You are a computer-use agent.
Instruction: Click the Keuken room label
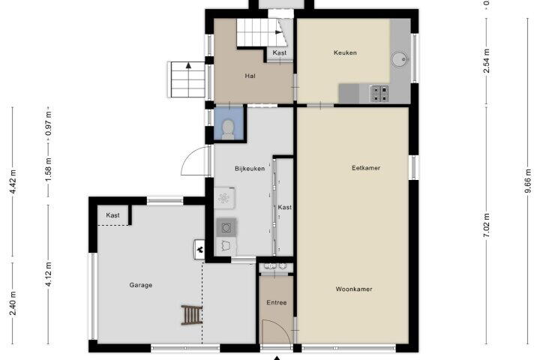(x=345, y=52)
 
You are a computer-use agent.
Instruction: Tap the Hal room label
(x=250, y=76)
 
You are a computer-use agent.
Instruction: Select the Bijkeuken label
(x=250, y=169)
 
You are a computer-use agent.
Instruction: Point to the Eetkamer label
(x=366, y=168)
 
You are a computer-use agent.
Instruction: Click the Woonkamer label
(x=354, y=289)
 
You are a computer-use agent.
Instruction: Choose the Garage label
(x=141, y=285)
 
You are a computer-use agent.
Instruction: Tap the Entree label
(x=277, y=302)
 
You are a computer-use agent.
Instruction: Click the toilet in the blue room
(x=228, y=129)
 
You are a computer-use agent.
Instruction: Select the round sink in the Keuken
(x=400, y=59)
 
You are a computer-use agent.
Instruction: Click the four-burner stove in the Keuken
(x=379, y=94)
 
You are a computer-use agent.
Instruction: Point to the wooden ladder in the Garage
(x=192, y=315)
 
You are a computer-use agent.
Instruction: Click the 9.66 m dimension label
(x=527, y=181)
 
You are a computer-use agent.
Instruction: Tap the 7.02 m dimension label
(x=486, y=225)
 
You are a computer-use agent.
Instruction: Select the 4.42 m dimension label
(x=13, y=181)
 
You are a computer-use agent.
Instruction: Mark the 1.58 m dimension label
(x=48, y=170)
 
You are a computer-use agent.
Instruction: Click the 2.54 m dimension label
(x=486, y=61)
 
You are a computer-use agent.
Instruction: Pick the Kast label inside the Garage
(x=112, y=215)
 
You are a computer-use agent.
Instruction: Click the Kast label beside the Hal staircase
(x=279, y=52)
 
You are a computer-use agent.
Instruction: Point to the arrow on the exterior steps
(x=188, y=65)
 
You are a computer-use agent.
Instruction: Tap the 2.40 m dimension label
(x=13, y=303)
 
